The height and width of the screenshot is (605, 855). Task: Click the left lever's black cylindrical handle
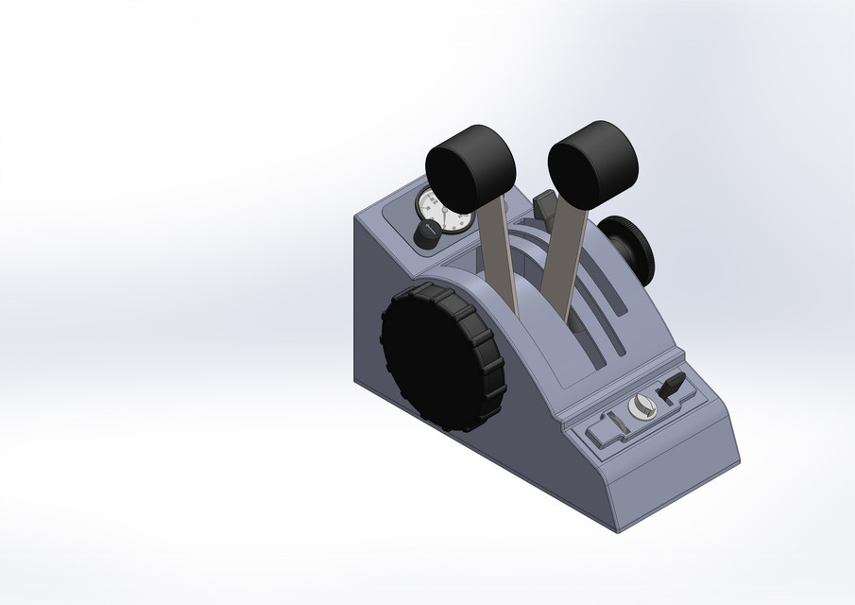[470, 170]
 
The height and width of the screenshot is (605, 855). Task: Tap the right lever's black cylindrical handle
[592, 163]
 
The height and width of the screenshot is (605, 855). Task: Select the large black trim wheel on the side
[441, 358]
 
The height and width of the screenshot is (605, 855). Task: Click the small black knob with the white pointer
[427, 234]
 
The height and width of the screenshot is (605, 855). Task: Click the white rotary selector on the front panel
[641, 407]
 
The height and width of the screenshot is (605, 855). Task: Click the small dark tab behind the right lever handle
[543, 204]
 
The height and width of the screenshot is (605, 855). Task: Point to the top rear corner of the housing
[357, 215]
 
